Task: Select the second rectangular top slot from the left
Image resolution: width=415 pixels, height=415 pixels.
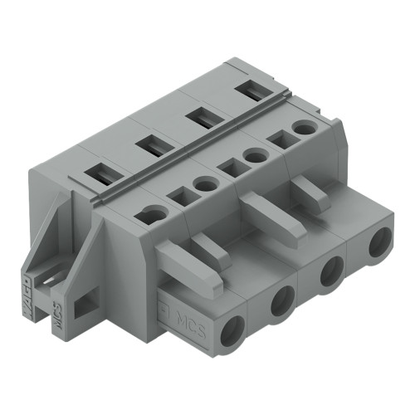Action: pos(148,146)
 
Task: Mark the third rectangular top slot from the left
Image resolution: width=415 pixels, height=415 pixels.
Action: pos(198,117)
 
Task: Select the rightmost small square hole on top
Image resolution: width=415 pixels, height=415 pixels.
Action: pos(281,140)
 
